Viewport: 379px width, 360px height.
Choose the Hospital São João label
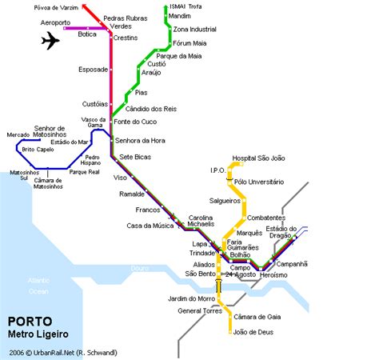pos(259,158)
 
